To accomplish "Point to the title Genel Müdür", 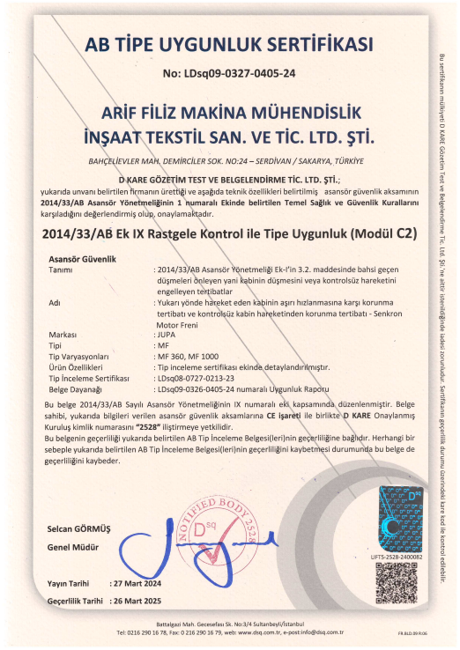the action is (x=70, y=546).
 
